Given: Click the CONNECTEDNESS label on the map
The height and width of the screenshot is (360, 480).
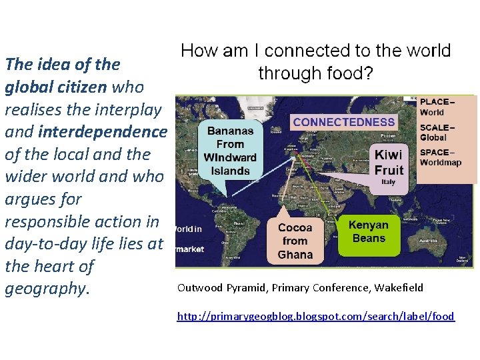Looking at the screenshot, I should [x=344, y=122].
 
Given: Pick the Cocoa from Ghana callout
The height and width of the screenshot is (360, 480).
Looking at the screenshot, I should [x=295, y=241].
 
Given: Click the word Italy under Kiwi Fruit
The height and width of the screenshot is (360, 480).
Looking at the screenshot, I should [x=388, y=182].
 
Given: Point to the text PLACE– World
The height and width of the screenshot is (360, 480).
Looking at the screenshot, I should [x=437, y=107].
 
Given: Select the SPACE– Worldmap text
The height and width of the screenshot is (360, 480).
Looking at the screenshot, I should [x=440, y=157].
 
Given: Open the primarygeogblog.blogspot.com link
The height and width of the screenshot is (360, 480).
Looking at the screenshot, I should [x=315, y=316].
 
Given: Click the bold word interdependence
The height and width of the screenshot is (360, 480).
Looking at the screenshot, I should [x=103, y=132].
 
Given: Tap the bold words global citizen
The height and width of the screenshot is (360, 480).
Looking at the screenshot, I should [x=56, y=87].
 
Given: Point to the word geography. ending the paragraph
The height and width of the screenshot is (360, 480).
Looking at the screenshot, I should [x=45, y=289].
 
